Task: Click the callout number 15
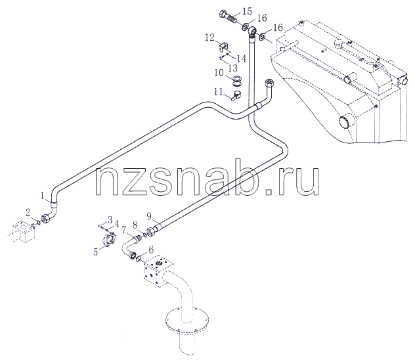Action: pos(247,12)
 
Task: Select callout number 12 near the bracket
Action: pos(209,37)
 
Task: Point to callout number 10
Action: pos(219,72)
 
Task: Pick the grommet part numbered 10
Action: pos(236,81)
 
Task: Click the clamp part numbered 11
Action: pos(236,95)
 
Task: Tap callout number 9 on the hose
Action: pos(149,217)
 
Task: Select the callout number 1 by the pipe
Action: pos(42,196)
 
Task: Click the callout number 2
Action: pos(28,212)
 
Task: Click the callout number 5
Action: pos(96,252)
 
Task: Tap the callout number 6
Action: pos(151,250)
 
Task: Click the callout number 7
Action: pos(123,229)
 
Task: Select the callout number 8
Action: pos(135,225)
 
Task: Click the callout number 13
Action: pos(232,68)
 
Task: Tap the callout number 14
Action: pos(241,58)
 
